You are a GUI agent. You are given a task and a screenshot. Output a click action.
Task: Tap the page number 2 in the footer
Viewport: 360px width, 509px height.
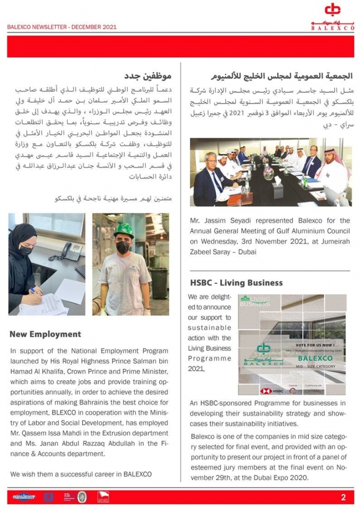(x=343, y=497)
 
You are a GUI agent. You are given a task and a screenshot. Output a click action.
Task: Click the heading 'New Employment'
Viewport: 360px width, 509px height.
(x=45, y=334)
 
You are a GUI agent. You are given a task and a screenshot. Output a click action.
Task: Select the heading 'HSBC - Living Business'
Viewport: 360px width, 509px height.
(x=236, y=283)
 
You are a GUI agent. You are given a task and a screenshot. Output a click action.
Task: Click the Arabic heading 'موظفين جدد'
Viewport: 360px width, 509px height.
(x=148, y=76)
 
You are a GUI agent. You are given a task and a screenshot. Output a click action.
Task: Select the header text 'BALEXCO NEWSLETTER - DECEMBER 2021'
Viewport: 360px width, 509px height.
(x=62, y=27)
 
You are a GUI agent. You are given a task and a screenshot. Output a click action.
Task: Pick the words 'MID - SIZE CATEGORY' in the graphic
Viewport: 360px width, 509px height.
(x=315, y=366)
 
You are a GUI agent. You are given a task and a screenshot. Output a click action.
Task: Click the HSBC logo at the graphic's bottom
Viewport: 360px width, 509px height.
(x=271, y=391)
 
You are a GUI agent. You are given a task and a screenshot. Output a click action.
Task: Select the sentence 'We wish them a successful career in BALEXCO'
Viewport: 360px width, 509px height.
(x=81, y=474)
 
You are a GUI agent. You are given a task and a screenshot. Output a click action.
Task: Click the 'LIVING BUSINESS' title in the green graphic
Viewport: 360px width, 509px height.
(x=256, y=302)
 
